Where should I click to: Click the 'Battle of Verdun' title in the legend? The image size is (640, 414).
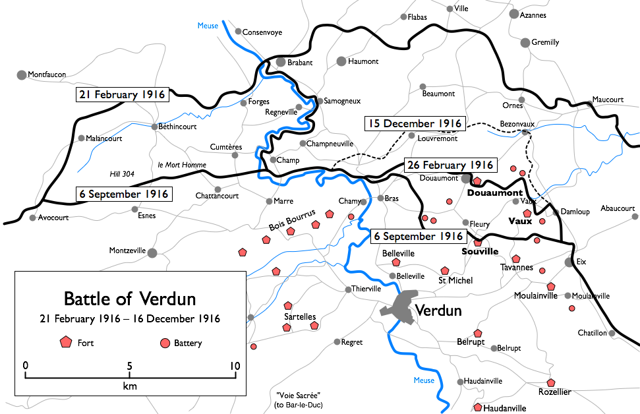coord(129,299)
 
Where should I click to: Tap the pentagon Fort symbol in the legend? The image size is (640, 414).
coord(65,342)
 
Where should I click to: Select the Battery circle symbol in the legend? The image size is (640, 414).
coord(165,343)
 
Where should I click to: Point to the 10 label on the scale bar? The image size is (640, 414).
coord(235,366)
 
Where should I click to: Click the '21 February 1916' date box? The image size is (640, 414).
coord(123,94)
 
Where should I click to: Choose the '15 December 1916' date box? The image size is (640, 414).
coord(414,123)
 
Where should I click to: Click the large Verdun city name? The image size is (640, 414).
coord(440,310)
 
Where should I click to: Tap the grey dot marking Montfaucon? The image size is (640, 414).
coord(22,75)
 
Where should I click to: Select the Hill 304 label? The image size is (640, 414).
coord(122,174)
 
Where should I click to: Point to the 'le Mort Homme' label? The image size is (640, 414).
coord(183,165)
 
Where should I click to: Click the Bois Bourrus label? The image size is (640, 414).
coord(292,220)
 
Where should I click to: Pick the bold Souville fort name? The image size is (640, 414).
coord(479,252)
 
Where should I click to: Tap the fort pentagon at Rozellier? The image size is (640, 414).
coord(551,382)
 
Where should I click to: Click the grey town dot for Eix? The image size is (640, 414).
coord(569,262)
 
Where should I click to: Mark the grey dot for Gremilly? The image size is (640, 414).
coord(525,43)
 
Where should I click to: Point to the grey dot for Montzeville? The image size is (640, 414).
coord(152,252)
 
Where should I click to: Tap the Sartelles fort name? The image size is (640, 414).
coord(300,316)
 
